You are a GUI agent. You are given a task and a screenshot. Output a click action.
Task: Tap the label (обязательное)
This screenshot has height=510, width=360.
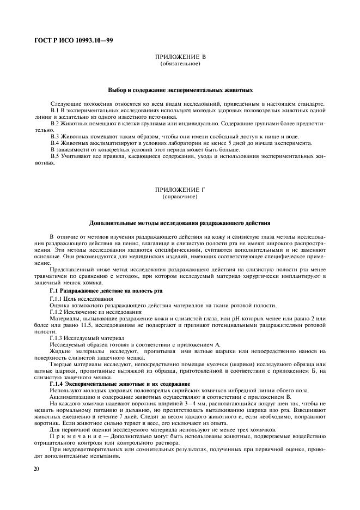(180, 64)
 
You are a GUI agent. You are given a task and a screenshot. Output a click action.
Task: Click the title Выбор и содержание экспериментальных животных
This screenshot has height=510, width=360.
(180, 90)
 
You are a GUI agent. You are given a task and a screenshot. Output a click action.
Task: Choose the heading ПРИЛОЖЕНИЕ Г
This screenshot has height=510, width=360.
(180, 190)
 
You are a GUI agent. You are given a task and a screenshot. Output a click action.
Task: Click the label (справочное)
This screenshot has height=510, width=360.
(180, 196)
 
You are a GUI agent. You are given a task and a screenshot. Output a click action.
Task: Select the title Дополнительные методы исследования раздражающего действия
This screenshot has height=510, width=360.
(180, 223)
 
